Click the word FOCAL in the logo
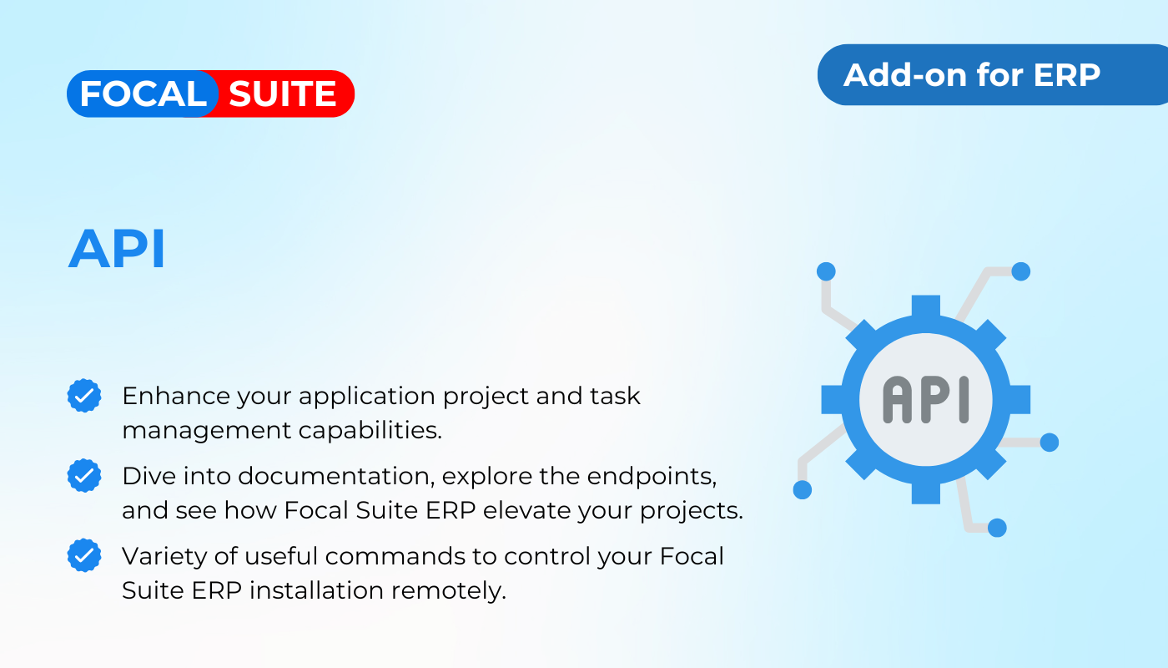[143, 94]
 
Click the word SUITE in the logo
[283, 94]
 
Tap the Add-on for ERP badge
[992, 74]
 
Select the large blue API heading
[117, 249]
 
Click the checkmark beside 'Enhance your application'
[84, 396]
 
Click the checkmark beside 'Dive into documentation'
[84, 475]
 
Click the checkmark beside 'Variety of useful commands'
[84, 555]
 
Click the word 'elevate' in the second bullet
[526, 510]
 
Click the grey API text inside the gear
[925, 400]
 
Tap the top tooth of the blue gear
[925, 306]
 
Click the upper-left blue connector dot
[826, 271]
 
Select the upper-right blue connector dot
[1021, 271]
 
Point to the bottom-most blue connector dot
[997, 528]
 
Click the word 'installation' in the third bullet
[316, 591]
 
